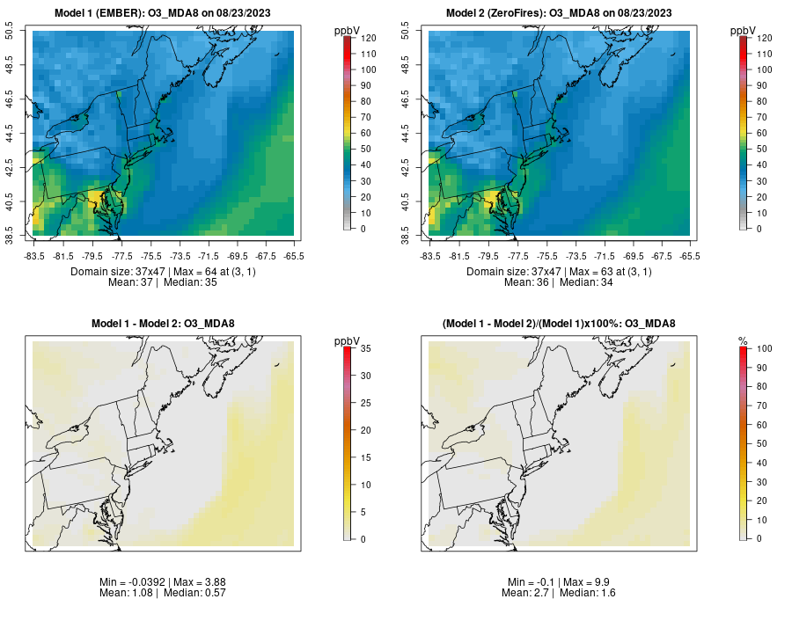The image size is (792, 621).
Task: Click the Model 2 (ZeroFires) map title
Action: pos(559,12)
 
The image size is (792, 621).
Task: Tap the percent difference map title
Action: pos(559,325)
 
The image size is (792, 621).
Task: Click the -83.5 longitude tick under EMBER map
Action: pos(35,256)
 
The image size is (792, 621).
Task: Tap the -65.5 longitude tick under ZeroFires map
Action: pos(689,256)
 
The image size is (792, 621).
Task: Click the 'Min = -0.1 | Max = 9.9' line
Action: pos(559,582)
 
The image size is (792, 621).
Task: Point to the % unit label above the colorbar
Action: pos(743,340)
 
